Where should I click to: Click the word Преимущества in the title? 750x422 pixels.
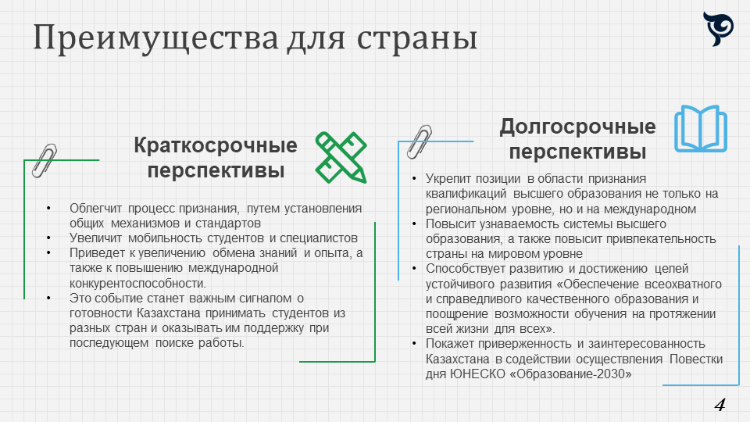[x=155, y=38]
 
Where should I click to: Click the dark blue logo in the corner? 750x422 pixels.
[x=718, y=29]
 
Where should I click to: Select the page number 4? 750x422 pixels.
[x=720, y=405]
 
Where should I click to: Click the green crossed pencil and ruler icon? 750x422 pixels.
[x=341, y=157]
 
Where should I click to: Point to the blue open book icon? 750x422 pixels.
[x=701, y=129]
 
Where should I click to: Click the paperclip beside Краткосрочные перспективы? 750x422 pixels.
[x=45, y=161]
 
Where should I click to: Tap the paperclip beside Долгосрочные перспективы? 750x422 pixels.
[x=420, y=142]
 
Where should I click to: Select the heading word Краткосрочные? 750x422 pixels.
[x=216, y=145]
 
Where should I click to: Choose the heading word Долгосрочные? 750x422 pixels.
[x=578, y=127]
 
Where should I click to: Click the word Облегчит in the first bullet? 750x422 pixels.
[x=95, y=208]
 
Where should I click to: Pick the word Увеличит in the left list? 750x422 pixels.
[x=95, y=238]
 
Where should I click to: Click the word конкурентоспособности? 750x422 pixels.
[x=137, y=283]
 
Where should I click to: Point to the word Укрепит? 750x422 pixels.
[x=449, y=179]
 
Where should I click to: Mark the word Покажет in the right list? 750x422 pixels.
[x=450, y=344]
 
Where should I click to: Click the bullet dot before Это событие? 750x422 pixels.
[x=48, y=298]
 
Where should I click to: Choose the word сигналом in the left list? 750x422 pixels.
[x=267, y=298]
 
